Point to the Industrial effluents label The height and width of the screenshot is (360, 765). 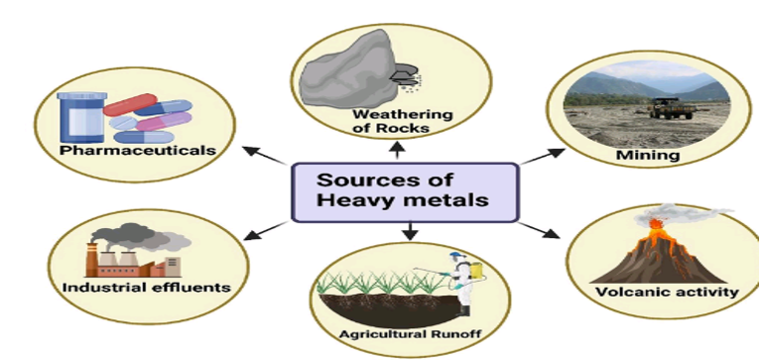147,288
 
